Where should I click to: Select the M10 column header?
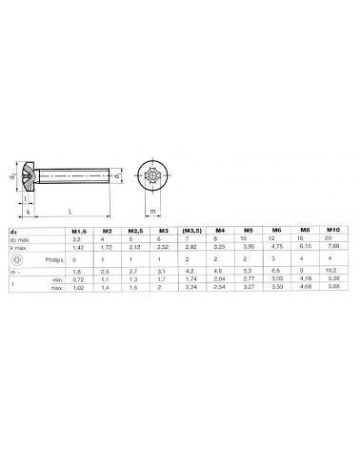332,231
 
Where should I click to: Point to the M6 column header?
275,231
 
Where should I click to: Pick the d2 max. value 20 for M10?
332,238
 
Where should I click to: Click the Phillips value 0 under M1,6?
76,258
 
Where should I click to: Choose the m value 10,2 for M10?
332,273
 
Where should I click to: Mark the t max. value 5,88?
332,287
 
